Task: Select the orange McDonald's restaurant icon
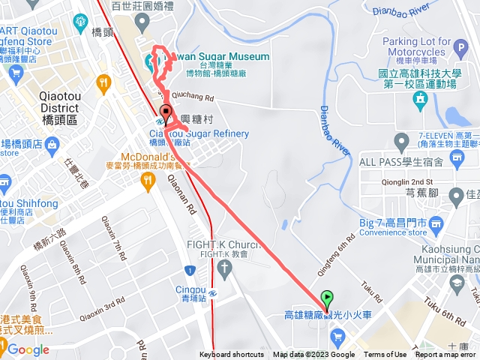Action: point(149,180)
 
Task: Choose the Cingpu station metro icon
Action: point(214,292)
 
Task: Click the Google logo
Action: point(28,349)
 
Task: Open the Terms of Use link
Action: point(385,355)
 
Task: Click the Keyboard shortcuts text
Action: point(232,355)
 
